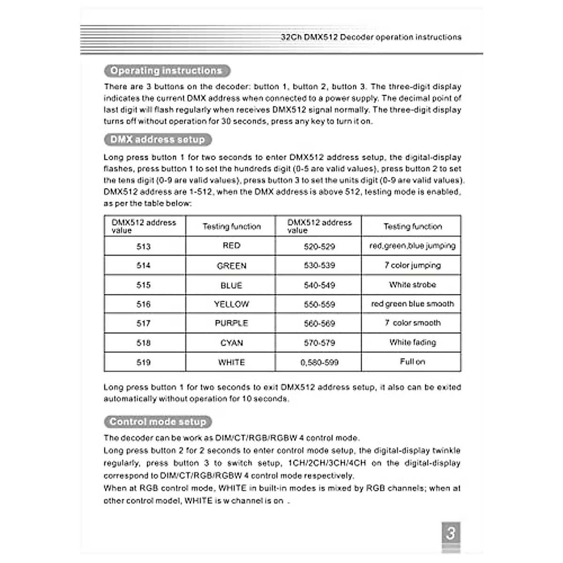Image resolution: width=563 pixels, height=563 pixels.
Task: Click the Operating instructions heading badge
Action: coord(167,71)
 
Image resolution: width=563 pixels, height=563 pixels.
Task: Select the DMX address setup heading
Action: coord(158,140)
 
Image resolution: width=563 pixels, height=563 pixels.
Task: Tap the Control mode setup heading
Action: coord(158,422)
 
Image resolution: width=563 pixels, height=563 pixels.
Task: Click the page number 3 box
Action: coord(450,533)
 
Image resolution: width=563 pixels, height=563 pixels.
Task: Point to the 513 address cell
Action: coord(144,246)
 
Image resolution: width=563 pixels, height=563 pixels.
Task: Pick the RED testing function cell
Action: coord(231,246)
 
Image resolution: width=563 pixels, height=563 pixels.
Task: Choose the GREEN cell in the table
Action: coord(231,266)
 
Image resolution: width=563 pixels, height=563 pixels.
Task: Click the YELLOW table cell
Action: coord(231,304)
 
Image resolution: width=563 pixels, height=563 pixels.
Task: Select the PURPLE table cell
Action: coord(231,323)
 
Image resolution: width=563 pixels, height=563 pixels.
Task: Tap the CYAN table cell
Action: coord(231,343)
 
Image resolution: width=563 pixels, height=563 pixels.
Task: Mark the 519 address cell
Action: coord(144,362)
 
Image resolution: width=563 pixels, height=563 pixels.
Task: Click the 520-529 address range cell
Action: coord(319,246)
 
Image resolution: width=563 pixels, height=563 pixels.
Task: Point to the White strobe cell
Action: coord(412,285)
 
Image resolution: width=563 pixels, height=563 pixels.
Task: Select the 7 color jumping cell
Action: coord(412,266)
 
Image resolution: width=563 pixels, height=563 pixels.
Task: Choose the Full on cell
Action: coord(412,362)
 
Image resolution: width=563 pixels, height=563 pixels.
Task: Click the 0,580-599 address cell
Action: coord(319,362)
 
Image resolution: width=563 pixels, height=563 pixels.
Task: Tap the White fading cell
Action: coord(412,342)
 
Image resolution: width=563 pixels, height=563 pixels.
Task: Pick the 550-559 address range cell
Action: coord(319,304)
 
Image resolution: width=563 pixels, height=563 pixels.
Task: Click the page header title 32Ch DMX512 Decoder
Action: coord(371,37)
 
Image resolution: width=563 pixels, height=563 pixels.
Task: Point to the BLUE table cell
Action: coord(231,285)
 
